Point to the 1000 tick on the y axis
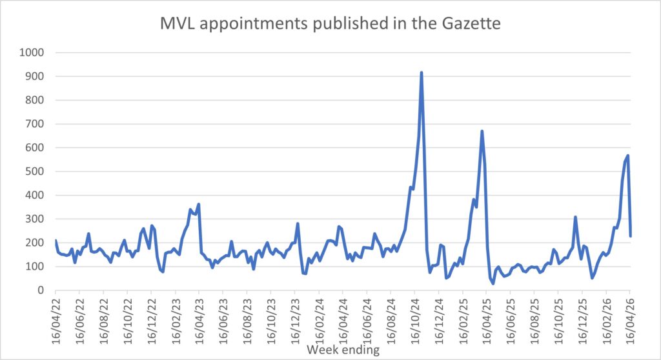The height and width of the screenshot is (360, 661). pos(30,52)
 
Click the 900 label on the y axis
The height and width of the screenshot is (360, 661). pos(33,76)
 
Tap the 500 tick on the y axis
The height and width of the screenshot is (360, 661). pos(33,171)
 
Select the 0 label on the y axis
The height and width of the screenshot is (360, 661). pos(39,290)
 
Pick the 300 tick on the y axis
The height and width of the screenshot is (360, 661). pos(33,219)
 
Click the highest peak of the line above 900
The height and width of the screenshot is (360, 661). pos(422,72)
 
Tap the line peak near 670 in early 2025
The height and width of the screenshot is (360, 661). pos(482,131)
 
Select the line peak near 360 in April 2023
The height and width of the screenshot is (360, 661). pos(199,204)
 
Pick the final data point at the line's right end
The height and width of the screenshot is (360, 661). pos(631,236)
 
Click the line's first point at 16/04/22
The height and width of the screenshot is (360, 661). pos(56,241)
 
